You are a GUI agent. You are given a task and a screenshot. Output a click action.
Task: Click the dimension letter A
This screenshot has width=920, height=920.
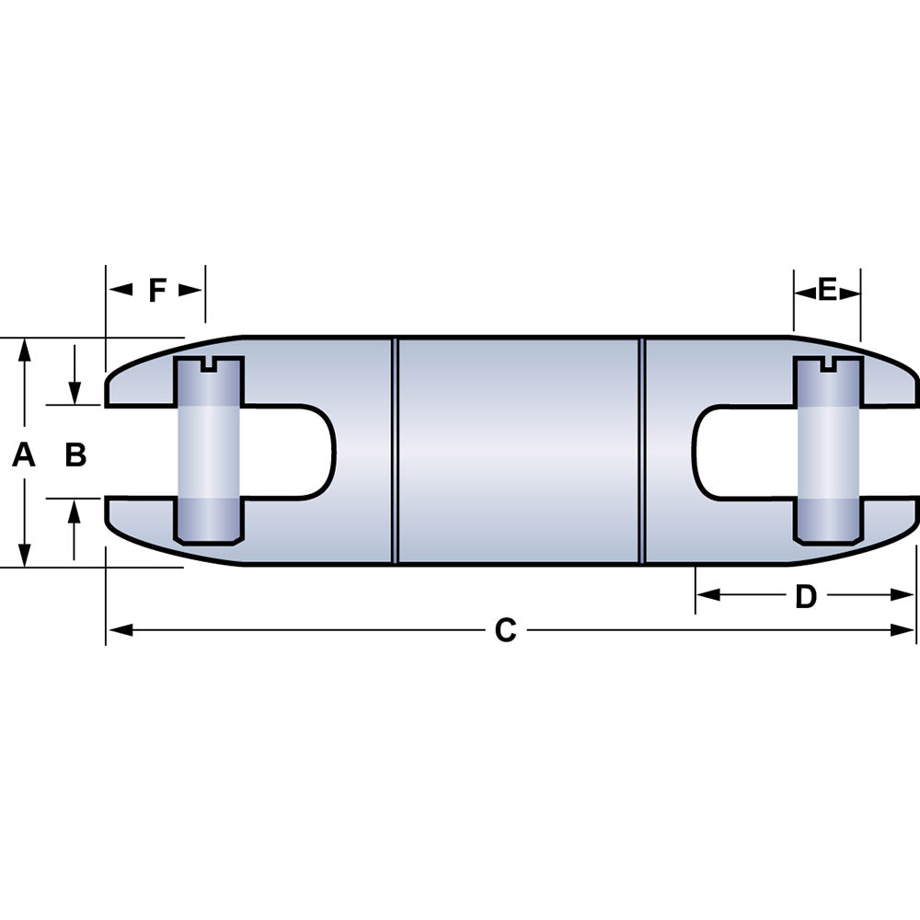[24, 454]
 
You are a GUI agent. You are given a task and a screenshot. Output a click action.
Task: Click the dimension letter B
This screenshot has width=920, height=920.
[75, 454]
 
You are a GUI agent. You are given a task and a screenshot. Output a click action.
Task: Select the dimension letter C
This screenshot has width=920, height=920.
[505, 630]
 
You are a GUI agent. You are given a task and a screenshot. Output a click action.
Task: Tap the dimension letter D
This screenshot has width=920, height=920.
[805, 596]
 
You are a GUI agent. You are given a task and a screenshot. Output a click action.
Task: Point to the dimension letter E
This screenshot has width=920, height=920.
[827, 291]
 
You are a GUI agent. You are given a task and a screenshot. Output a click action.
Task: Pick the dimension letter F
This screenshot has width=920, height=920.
[157, 291]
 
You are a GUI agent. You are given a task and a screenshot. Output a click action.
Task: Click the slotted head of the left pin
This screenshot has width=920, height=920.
[209, 367]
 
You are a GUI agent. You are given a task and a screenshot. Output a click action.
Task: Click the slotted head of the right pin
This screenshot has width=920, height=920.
[828, 367]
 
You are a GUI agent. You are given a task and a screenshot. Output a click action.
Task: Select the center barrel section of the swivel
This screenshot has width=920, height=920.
[519, 451]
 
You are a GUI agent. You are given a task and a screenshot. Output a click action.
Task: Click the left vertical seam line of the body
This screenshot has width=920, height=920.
[395, 451]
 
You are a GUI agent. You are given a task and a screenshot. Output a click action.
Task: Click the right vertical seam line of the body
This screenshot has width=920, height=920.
[643, 451]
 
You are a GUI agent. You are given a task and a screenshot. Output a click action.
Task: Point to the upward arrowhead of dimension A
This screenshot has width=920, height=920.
[26, 351]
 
